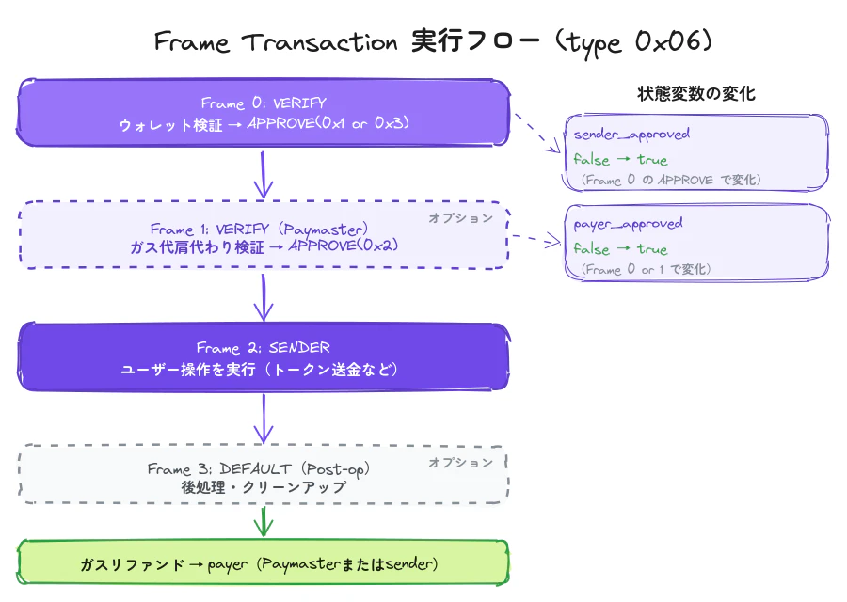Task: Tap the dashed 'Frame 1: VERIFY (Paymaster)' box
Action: [264, 236]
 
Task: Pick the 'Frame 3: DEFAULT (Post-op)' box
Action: [264, 477]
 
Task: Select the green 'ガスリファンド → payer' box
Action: [264, 564]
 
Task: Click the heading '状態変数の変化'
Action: [695, 94]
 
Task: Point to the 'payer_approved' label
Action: [628, 224]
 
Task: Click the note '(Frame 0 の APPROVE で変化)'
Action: [670, 180]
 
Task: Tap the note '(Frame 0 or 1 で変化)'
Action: [645, 270]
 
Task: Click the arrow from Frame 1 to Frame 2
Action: [264, 296]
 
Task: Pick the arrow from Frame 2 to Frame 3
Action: [264, 418]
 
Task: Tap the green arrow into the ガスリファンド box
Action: [264, 521]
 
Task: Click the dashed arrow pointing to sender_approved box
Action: [536, 134]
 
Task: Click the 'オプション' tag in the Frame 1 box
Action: [461, 218]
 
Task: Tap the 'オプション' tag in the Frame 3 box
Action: [461, 463]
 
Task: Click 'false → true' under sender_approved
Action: [620, 160]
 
